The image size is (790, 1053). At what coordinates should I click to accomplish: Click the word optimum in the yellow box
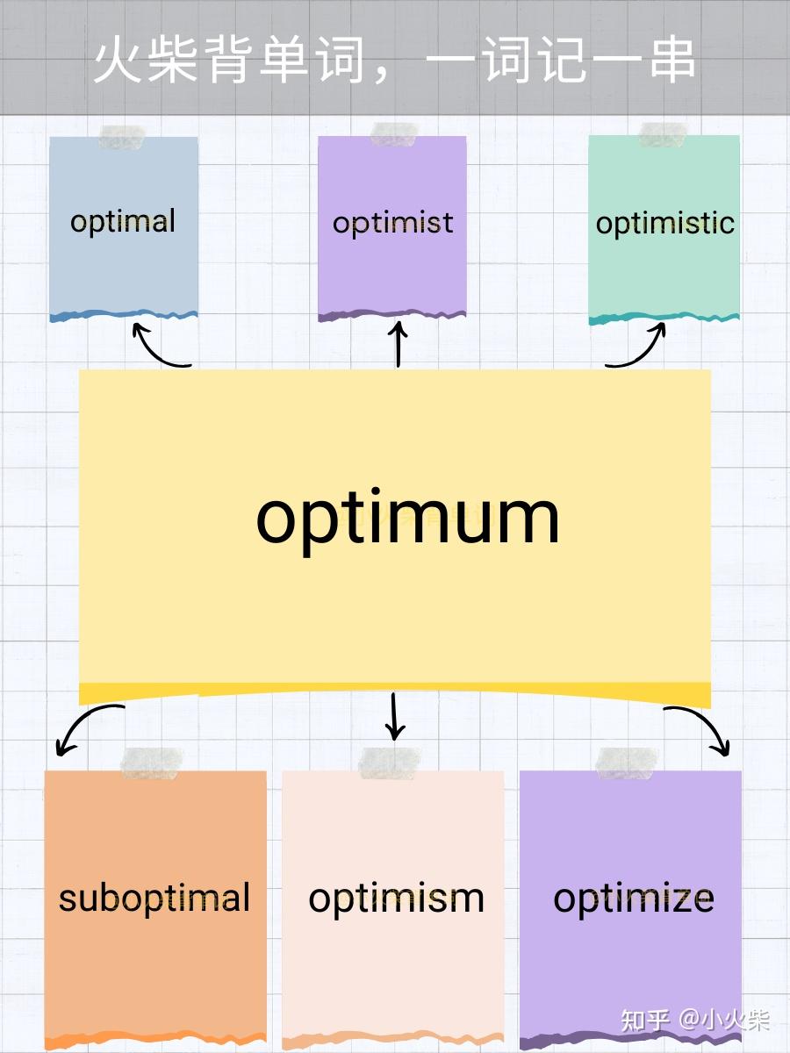(x=407, y=518)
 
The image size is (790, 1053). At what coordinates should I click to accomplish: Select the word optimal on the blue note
(x=123, y=221)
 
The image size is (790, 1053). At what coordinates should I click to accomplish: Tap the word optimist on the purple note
(x=392, y=223)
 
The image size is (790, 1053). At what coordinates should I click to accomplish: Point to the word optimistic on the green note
(x=664, y=223)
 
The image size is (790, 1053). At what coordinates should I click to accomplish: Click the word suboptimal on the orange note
(x=154, y=898)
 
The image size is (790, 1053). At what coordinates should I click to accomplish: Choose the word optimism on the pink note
(x=396, y=898)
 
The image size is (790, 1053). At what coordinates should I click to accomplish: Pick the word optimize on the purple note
(x=633, y=898)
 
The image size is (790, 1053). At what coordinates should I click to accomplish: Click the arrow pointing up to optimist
(x=398, y=345)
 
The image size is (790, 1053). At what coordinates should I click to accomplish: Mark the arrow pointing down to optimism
(x=394, y=716)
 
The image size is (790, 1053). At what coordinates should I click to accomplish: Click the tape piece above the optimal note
(x=122, y=137)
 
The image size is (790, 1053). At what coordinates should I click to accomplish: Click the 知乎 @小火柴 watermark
(x=695, y=1020)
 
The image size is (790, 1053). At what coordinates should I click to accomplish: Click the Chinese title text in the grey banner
(x=394, y=60)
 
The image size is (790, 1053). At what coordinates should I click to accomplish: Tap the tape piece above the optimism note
(x=390, y=762)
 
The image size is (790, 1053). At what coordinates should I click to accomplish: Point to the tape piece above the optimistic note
(x=662, y=135)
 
